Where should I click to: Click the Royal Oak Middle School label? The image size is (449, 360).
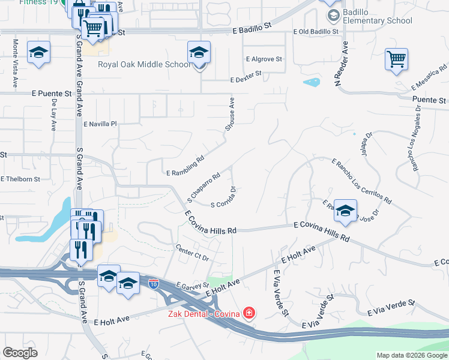coord(143,65)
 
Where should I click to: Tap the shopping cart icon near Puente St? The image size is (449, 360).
coord(396,59)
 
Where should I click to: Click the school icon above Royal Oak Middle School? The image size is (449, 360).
coord(199,53)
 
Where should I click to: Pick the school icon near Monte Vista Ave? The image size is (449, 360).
coord(39,53)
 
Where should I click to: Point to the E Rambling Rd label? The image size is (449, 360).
coord(185,167)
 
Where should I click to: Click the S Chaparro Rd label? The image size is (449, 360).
coord(203,187)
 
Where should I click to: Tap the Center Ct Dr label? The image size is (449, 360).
coord(191,253)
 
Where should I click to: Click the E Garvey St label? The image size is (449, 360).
coord(191,287)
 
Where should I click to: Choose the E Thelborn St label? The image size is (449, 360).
coord(20,179)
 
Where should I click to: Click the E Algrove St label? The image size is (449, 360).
coord(264,59)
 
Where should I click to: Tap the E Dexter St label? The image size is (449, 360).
coord(246,76)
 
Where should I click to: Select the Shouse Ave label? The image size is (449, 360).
coord(231,113)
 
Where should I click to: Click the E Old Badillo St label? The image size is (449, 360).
coord(316,31)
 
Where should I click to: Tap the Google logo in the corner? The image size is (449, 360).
coord(20,352)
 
